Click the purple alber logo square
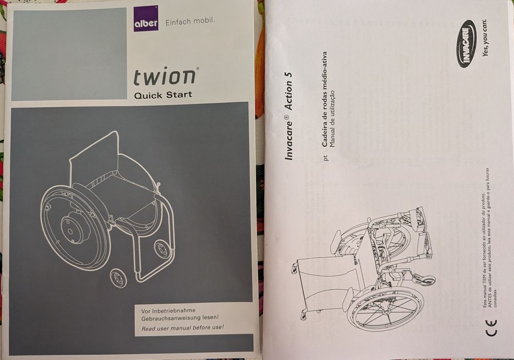point(146,19)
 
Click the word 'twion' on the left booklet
point(165,77)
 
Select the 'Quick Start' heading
point(163,95)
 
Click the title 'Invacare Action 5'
point(289,115)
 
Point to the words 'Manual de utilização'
point(332,118)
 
